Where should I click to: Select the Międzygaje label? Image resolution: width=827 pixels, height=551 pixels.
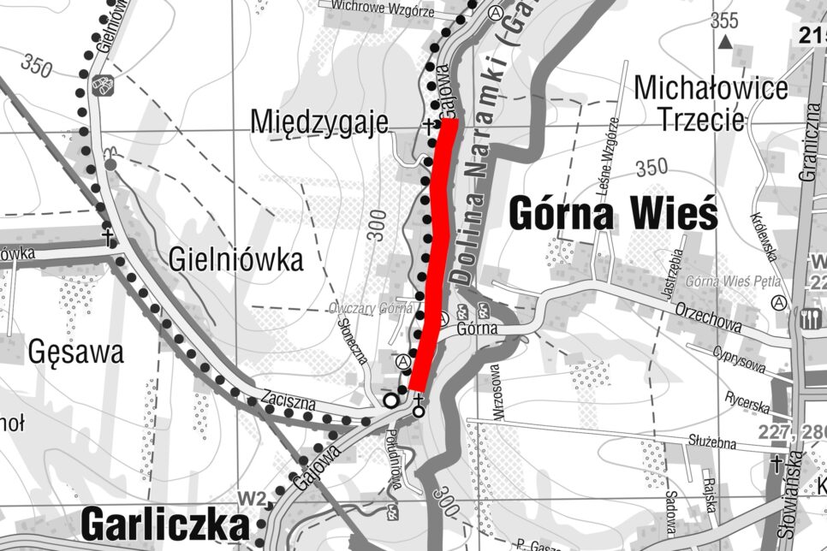pyautogui.click(x=319, y=122)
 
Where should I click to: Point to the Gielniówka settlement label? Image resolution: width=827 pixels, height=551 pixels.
pyautogui.click(x=236, y=258)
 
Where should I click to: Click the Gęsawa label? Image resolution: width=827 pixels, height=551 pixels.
pyautogui.click(x=75, y=351)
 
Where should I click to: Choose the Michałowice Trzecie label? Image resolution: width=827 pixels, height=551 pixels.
pyautogui.click(x=711, y=104)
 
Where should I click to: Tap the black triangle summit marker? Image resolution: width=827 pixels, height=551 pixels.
pyautogui.click(x=726, y=41)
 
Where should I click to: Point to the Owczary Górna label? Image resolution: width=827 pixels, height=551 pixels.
pyautogui.click(x=372, y=309)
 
